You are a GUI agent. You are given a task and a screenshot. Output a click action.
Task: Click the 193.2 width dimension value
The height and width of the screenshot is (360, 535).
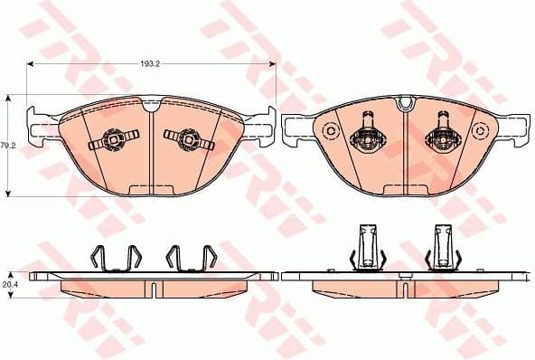[x=151, y=65]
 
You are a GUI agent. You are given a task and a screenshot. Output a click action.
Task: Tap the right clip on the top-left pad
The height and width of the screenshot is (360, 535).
[x=187, y=138]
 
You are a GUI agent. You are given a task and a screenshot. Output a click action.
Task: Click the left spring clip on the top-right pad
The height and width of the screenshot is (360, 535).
[x=365, y=133]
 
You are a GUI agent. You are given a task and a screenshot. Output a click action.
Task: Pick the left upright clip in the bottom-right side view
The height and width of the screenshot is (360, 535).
[x=367, y=246]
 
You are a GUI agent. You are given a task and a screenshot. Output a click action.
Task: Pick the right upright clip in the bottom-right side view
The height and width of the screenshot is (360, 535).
[x=443, y=246]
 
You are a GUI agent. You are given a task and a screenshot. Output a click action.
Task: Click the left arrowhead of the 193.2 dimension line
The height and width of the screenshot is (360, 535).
[x=30, y=65]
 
